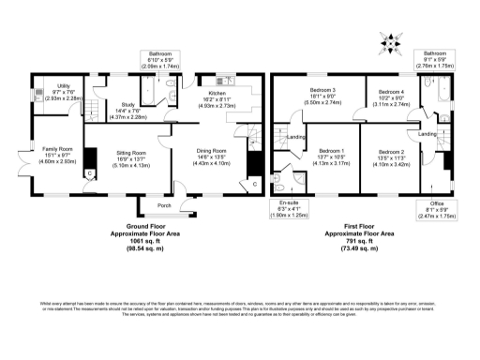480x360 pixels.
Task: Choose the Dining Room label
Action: (x=212, y=151)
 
